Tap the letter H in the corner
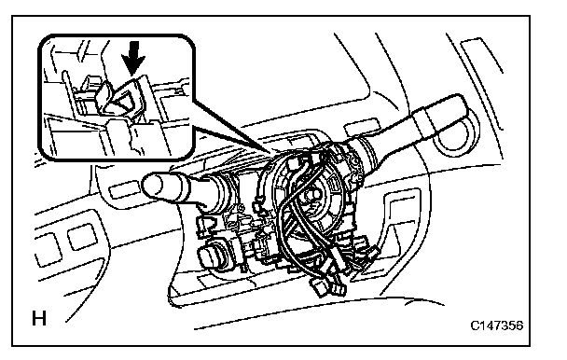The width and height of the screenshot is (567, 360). pos(39,318)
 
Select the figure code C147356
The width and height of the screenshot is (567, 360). pos(496,325)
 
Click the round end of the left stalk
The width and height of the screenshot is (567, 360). pos(153,186)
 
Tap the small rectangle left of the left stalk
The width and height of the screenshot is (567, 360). pos(119,190)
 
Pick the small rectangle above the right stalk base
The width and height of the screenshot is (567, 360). pos(356,130)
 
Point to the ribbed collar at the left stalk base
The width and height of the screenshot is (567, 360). pos(221,193)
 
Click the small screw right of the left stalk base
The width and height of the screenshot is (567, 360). pos(240,207)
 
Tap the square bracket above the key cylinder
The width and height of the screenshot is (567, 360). pos(204,226)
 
